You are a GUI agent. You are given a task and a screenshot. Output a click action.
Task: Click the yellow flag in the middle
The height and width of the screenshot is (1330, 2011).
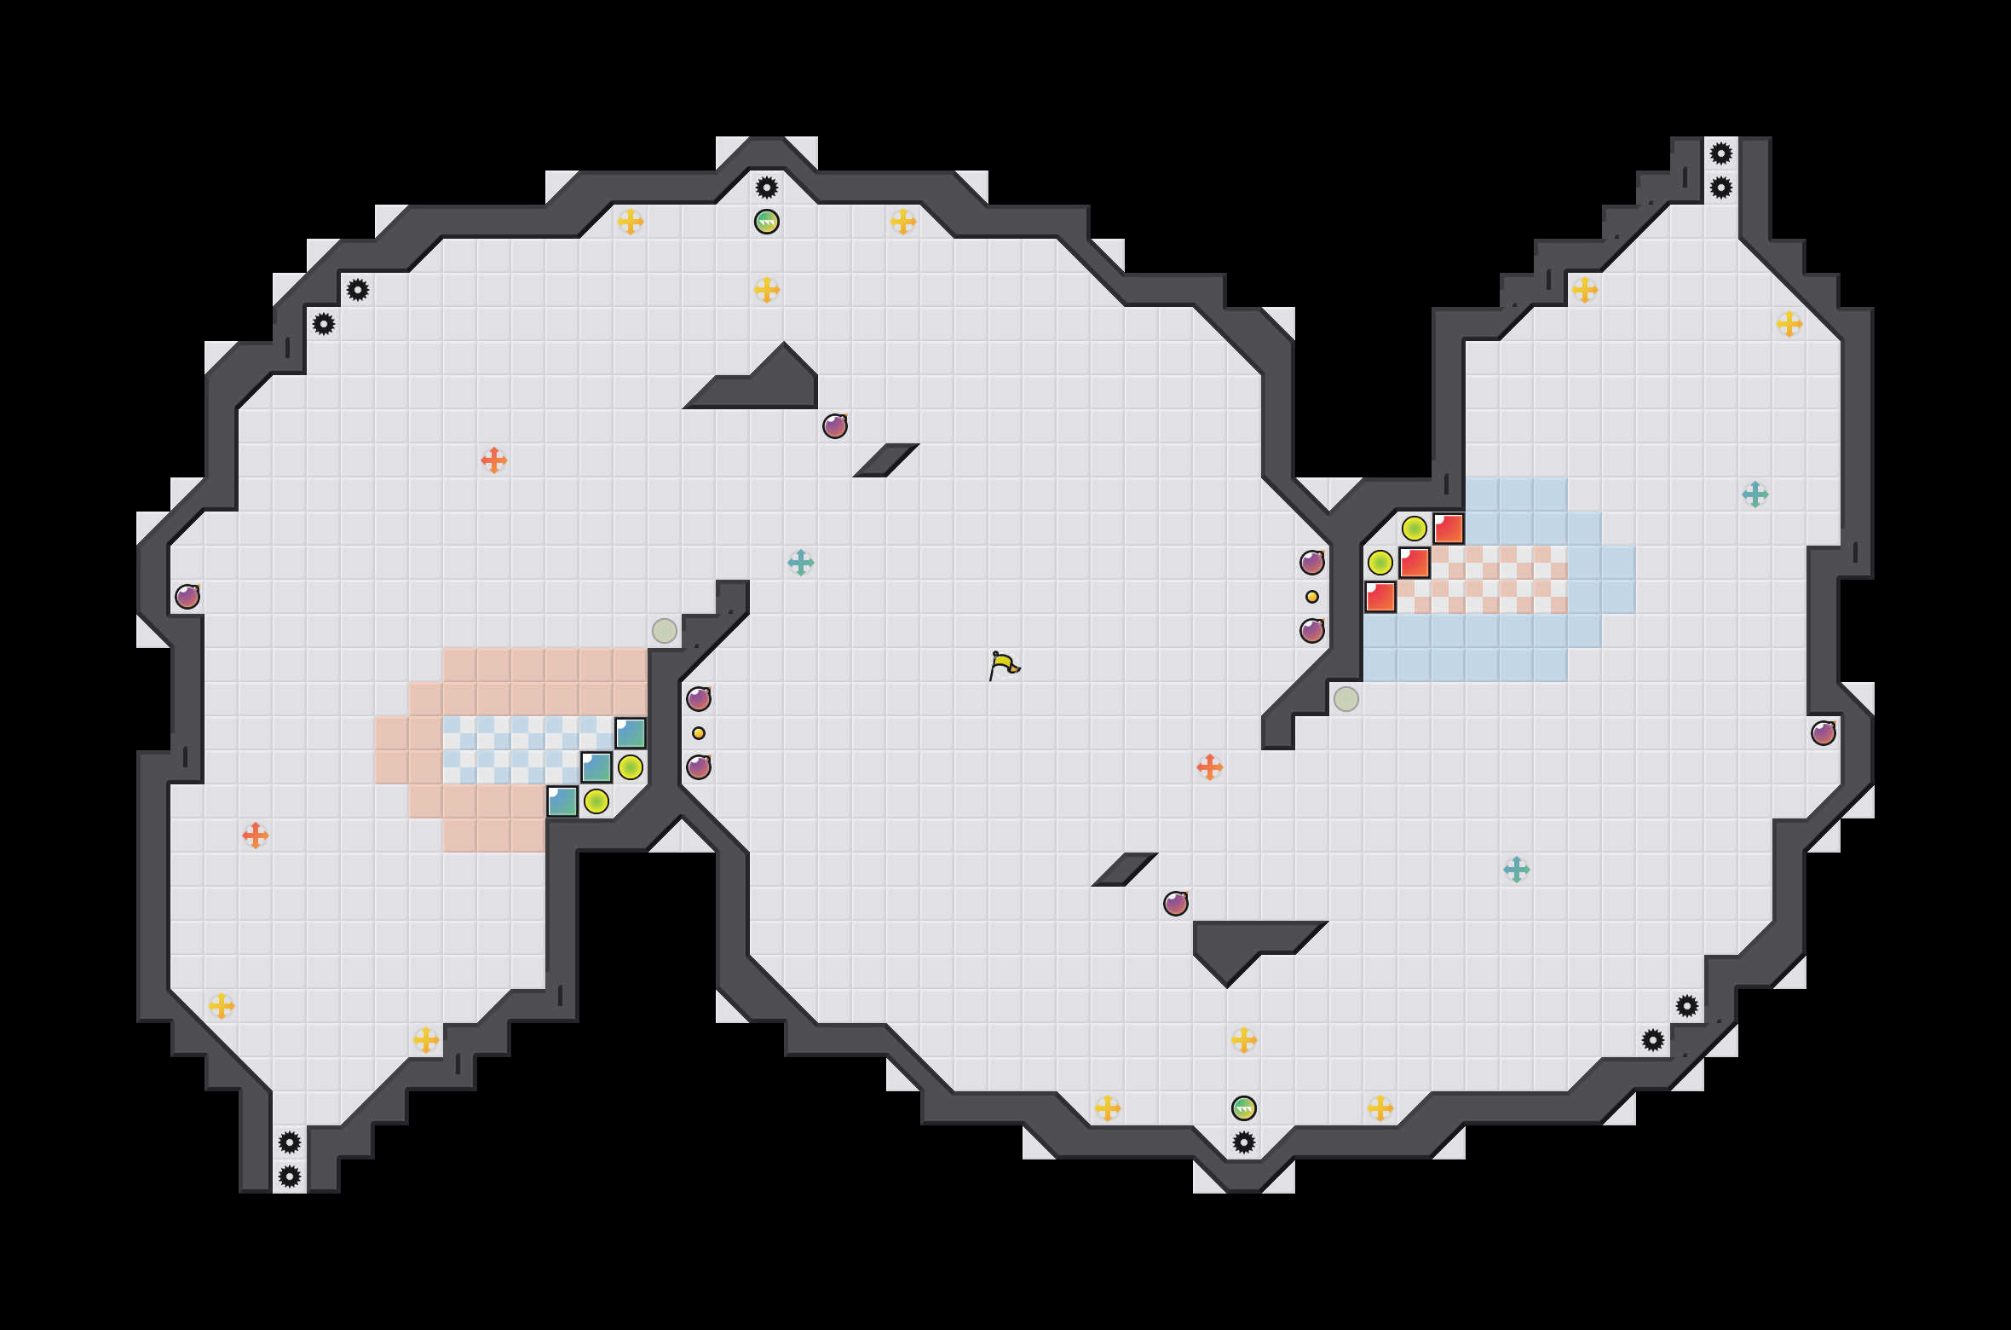tap(1004, 665)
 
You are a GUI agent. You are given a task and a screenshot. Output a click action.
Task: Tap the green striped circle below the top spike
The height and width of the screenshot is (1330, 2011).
tap(767, 222)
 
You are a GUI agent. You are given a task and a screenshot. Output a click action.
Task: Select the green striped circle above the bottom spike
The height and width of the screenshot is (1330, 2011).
tap(1244, 1108)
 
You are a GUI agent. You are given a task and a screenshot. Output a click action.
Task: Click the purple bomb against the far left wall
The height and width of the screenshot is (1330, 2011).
tap(187, 597)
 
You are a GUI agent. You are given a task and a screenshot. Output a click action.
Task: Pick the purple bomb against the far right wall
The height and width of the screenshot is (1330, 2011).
tap(1824, 733)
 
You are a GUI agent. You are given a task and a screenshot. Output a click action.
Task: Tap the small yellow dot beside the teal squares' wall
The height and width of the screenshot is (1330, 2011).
tap(699, 733)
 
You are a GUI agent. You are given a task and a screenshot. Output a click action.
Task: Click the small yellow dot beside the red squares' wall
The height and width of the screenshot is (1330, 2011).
tap(1312, 597)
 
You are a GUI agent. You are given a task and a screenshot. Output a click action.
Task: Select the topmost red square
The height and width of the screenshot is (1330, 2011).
tap(1449, 529)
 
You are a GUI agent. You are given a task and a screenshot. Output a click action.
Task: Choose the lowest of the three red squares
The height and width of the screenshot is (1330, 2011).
tap(1380, 597)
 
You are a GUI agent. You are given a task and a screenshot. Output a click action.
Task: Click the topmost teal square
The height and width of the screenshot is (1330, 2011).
tap(631, 733)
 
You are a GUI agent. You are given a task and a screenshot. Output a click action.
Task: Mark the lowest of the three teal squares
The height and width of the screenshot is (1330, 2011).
tap(562, 801)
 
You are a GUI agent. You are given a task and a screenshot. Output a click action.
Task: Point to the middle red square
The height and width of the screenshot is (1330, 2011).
tap(1415, 563)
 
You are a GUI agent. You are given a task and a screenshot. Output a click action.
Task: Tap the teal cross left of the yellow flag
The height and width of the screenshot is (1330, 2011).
tap(801, 563)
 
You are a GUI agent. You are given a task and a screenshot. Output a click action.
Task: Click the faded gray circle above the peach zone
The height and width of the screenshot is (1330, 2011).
tap(665, 631)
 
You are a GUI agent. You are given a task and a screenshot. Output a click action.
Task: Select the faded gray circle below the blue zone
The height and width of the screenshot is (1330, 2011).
tap(1346, 699)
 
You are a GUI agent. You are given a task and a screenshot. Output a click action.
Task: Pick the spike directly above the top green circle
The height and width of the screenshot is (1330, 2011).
tap(767, 188)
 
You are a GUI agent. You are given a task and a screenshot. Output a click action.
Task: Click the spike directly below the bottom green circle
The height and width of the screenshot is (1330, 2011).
tap(1244, 1142)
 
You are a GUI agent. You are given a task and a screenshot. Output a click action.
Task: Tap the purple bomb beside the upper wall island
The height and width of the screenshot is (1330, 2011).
tap(835, 426)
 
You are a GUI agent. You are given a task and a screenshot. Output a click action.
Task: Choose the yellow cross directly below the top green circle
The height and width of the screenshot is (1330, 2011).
tap(767, 290)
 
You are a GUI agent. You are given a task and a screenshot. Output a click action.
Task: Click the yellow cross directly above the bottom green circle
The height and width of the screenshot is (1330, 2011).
tap(1244, 1040)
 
